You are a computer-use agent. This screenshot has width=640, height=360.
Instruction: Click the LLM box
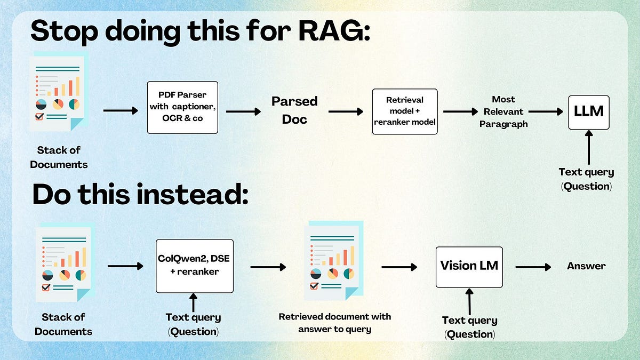click(x=588, y=112)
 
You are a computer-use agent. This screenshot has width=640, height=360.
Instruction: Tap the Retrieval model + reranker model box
click(x=404, y=111)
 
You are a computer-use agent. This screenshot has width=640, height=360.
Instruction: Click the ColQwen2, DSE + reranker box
click(x=194, y=266)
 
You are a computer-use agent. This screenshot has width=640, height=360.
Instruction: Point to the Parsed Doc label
click(x=294, y=110)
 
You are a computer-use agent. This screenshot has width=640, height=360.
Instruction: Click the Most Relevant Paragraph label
click(x=503, y=111)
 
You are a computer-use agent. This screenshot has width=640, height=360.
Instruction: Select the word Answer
click(x=586, y=266)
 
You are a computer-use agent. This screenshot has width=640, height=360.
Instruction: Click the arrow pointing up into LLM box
click(x=588, y=148)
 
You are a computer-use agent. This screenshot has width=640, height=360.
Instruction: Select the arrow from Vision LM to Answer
click(x=533, y=266)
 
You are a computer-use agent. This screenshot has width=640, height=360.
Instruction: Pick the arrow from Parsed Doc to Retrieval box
click(x=346, y=111)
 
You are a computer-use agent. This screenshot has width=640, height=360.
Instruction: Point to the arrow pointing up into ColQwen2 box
click(x=194, y=302)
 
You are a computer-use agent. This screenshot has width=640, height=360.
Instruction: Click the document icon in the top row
click(x=59, y=92)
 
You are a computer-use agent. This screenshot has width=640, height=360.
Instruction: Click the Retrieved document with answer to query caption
click(x=334, y=323)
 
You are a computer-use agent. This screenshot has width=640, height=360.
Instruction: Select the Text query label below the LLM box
click(x=586, y=179)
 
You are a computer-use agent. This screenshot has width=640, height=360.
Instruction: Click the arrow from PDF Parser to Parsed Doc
click(x=243, y=111)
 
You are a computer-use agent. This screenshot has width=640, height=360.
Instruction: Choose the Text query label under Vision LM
click(x=469, y=327)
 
